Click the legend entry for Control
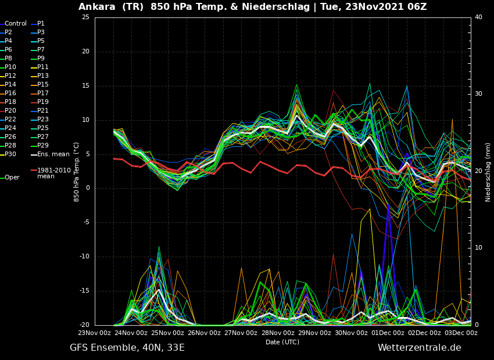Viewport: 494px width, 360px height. [x=13, y=24]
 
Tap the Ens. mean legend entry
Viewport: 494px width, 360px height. [x=50, y=154]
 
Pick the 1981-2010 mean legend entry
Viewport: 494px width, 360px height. [x=51, y=173]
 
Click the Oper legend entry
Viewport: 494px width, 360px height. [x=10, y=178]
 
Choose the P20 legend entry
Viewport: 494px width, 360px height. [x=8, y=110]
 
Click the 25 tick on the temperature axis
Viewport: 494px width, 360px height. [x=85, y=17]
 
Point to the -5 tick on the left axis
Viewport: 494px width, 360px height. [x=87, y=222]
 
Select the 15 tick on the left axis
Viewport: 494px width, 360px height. [x=85, y=85]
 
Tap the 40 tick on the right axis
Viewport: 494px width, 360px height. [x=478, y=17]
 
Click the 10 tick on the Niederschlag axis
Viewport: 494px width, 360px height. [x=478, y=248]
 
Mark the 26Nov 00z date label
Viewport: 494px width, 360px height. [x=205, y=333]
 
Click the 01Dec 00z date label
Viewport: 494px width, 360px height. [x=388, y=333]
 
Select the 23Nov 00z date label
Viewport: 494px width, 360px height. [x=95, y=333]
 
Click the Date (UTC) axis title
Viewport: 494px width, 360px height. [x=282, y=342]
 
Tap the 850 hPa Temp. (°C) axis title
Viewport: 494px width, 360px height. [x=77, y=172]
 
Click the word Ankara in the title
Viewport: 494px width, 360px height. [x=96, y=6]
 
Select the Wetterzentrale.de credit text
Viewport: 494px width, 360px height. [x=420, y=348]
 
